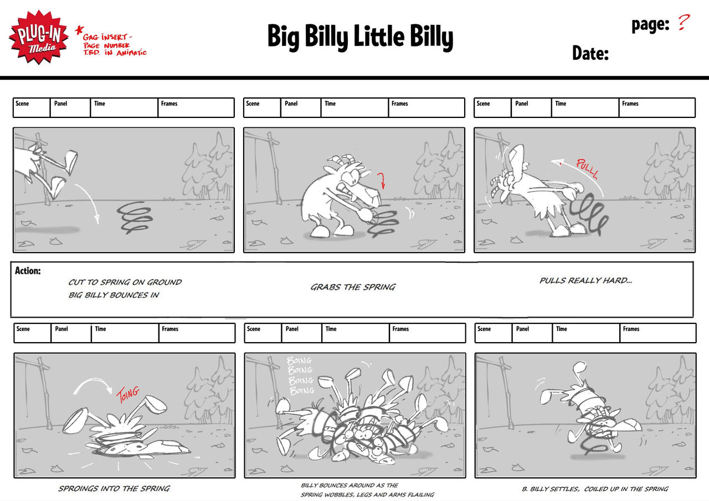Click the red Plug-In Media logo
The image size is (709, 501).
(x=39, y=37)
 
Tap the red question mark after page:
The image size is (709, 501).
(x=684, y=22)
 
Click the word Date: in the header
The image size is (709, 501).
(x=590, y=53)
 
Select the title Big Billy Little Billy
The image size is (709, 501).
(x=360, y=37)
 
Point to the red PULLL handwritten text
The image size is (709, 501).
(x=588, y=169)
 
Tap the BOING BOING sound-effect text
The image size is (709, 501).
(x=300, y=376)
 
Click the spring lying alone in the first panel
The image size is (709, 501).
(x=134, y=218)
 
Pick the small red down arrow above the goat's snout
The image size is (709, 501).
(x=382, y=180)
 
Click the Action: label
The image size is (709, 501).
(x=28, y=270)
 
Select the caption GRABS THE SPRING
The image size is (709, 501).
(x=353, y=287)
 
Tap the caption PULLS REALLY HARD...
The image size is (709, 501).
(x=585, y=280)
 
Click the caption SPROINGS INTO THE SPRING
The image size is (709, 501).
(x=114, y=488)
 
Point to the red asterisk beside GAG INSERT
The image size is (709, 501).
(x=79, y=30)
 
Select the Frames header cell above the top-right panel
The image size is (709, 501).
(x=657, y=107)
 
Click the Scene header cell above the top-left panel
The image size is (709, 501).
(x=32, y=107)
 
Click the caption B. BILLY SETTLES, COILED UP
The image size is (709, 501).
(x=595, y=489)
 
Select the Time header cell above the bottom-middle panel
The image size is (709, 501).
(x=356, y=333)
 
